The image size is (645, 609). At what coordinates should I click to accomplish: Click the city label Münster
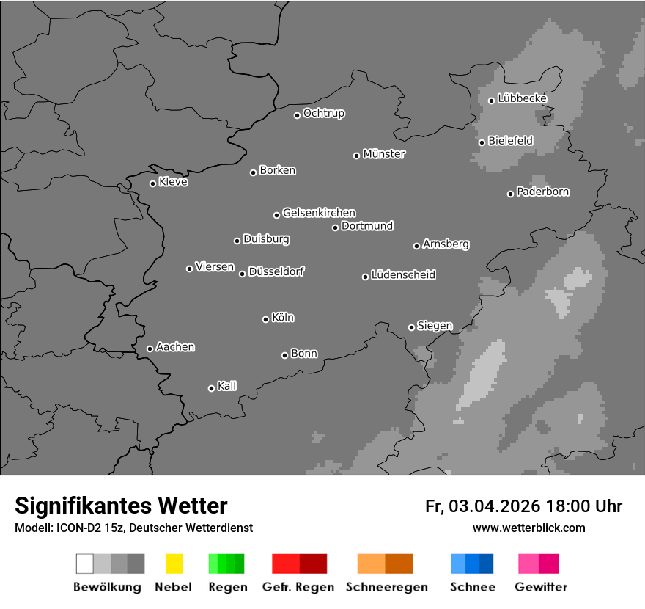coord(384,154)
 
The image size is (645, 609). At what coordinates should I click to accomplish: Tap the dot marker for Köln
coord(265,319)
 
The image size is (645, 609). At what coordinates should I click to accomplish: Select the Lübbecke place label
coord(523,98)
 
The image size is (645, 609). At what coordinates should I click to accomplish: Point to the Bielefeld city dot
coord(482,142)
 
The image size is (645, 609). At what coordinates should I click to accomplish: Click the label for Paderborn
coord(543,192)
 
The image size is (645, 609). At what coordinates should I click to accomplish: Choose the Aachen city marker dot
coord(150,349)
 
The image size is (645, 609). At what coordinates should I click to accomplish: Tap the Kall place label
coord(227,386)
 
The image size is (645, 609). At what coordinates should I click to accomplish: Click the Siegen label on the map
coord(435,326)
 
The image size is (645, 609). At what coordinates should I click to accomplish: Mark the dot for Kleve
coord(152,183)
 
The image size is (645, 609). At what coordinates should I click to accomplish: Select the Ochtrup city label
coord(324,113)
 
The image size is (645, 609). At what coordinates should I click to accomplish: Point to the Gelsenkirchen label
coord(319,213)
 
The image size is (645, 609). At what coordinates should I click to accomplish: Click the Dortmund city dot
coord(335,227)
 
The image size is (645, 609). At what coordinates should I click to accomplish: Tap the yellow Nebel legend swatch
coord(174,564)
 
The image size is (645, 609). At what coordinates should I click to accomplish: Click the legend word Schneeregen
coord(386,587)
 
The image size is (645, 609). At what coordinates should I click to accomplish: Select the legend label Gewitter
coord(541,587)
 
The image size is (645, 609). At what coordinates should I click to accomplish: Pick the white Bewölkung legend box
coord(84,564)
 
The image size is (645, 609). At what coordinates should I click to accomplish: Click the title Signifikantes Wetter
coord(121,506)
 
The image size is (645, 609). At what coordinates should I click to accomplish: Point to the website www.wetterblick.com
coord(529,528)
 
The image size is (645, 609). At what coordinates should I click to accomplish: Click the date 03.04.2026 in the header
coord(495,506)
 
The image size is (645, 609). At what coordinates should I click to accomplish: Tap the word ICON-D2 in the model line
coord(78,528)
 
